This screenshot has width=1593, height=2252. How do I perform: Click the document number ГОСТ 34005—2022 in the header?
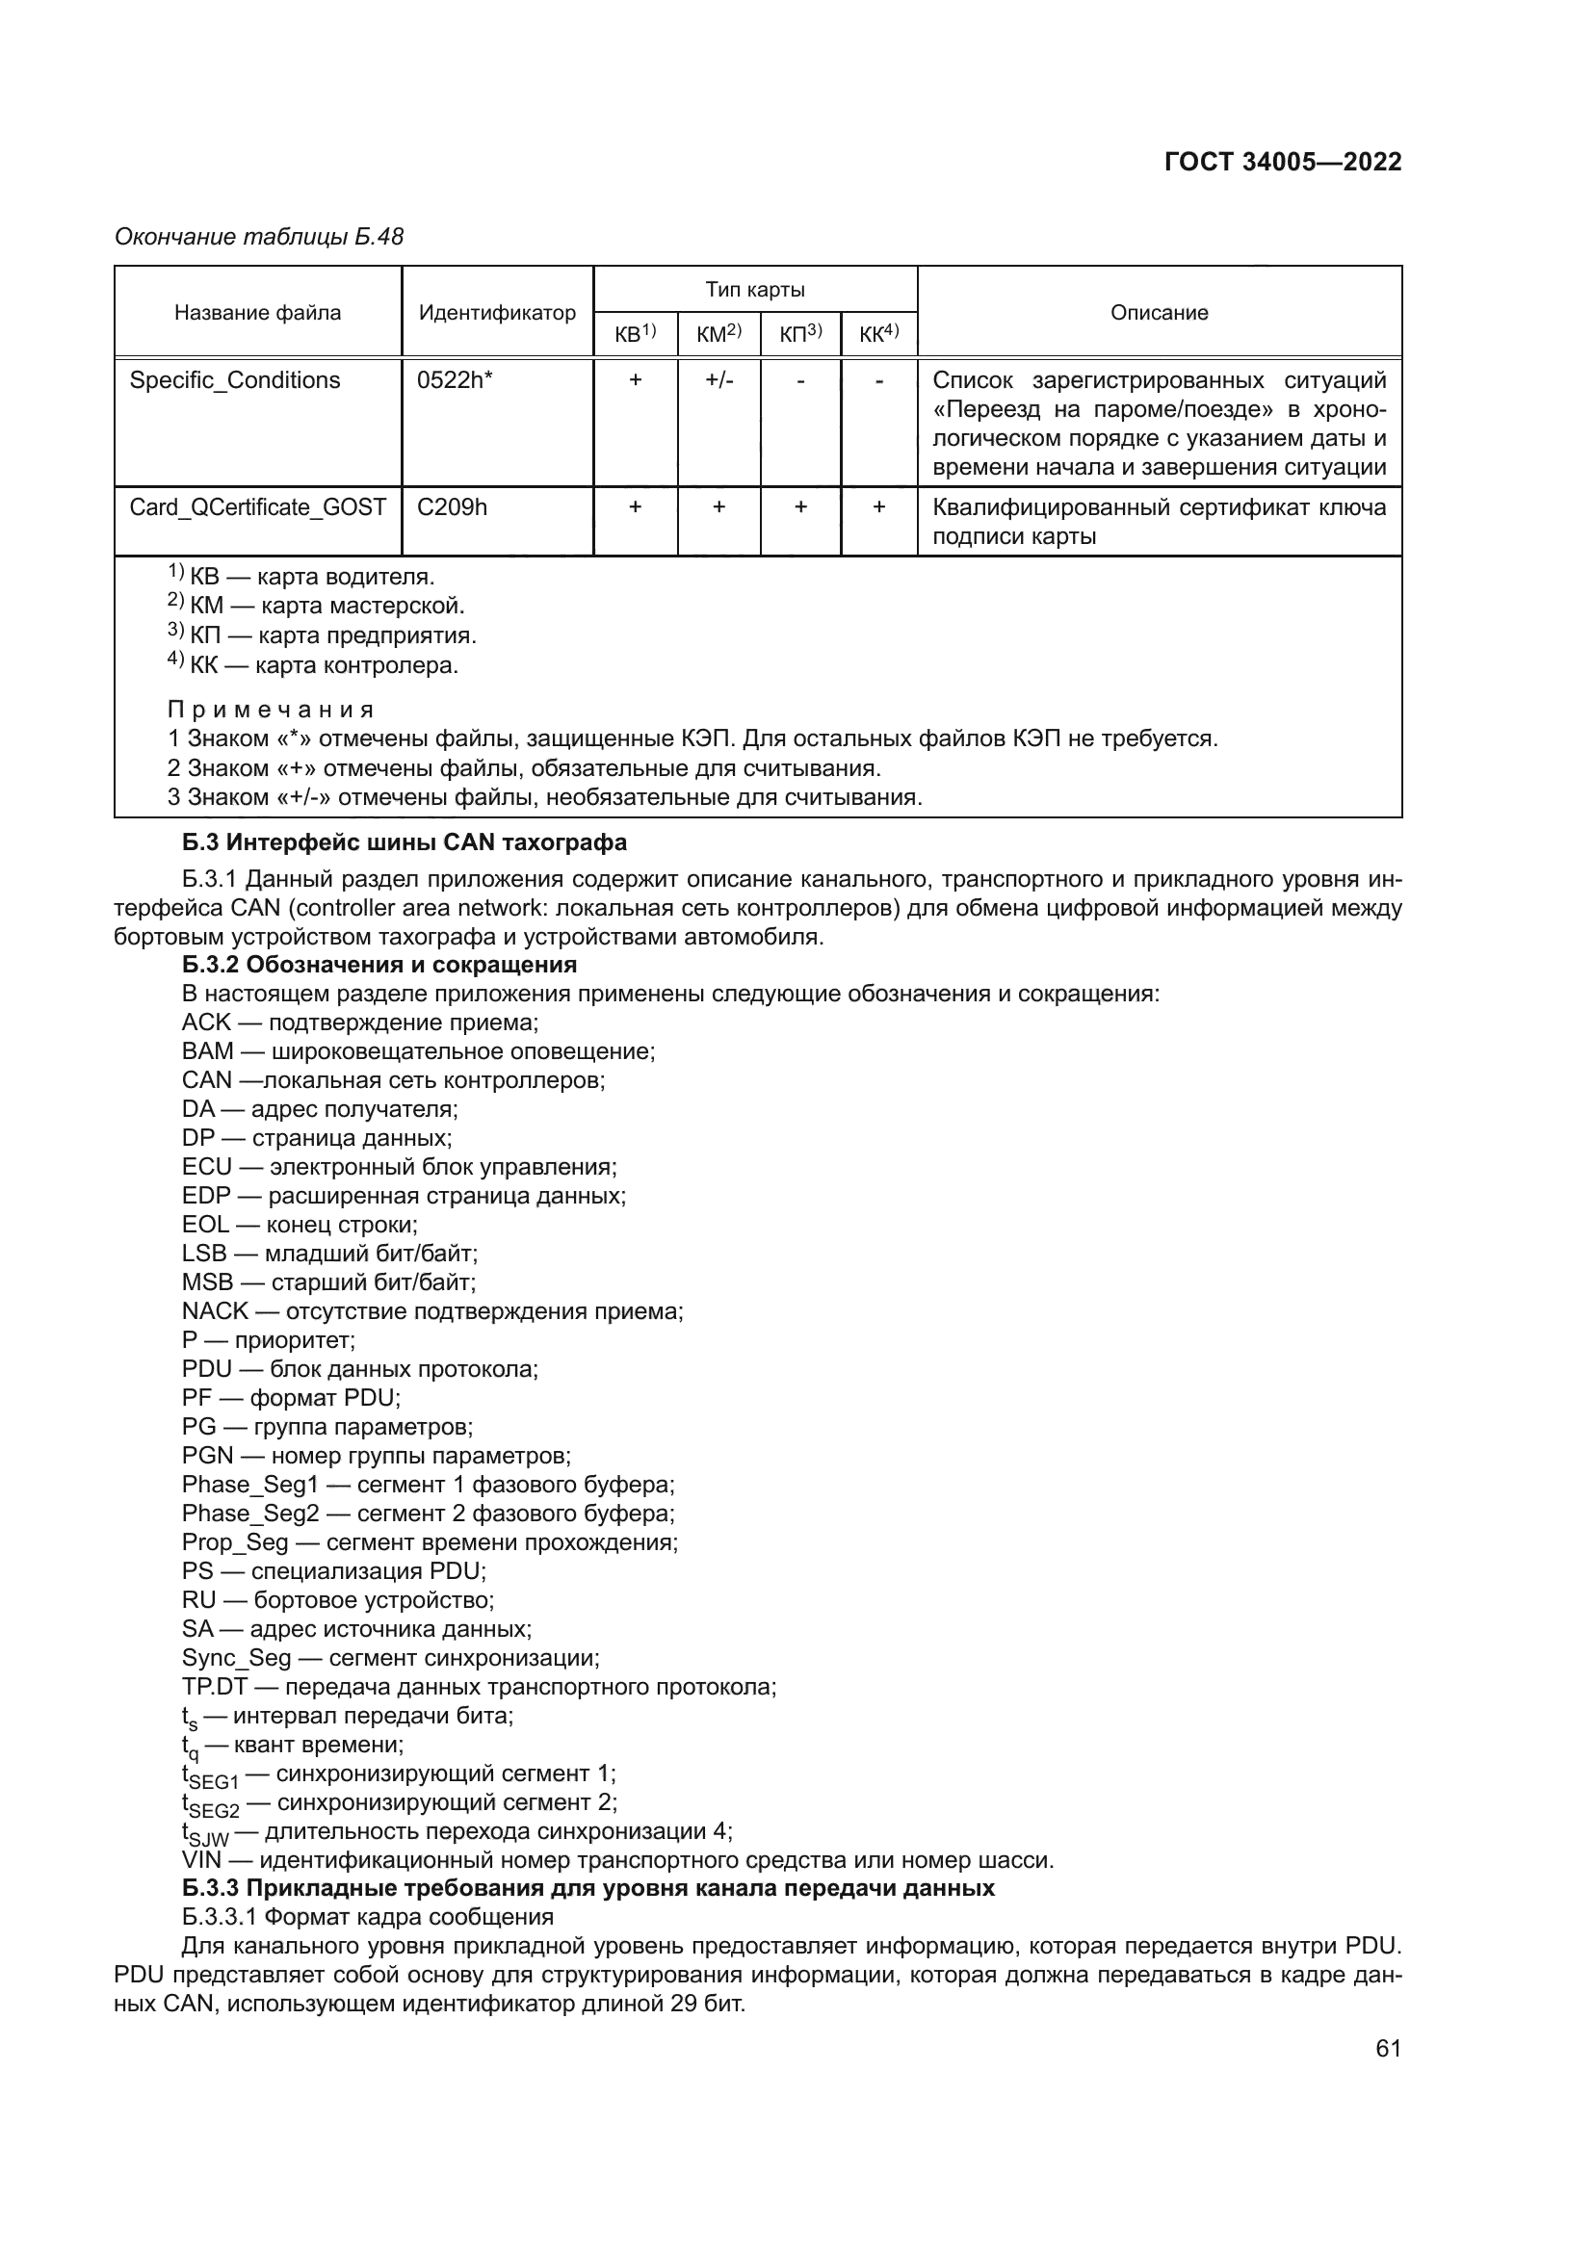pos(1282,162)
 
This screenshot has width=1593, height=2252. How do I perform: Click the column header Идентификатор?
pos(496,312)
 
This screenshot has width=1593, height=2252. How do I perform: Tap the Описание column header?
pos(1159,312)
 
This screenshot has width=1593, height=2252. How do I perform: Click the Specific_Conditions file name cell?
pos(234,380)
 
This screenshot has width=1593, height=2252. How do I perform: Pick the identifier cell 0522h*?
pos(455,380)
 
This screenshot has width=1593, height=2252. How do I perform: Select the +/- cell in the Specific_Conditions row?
pos(718,380)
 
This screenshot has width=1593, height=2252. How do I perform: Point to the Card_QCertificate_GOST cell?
pos(257,507)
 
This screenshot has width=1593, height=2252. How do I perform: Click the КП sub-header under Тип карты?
pos(799,334)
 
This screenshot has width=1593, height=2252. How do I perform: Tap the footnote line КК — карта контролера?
pos(314,666)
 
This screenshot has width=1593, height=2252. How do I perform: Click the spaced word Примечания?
pos(271,710)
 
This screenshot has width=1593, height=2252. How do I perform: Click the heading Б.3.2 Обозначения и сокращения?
pos(379,964)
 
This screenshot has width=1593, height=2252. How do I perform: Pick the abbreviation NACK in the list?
pos(214,1311)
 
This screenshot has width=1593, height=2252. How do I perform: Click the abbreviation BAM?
pos(207,1051)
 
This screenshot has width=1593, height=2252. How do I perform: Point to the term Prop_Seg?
pos(234,1542)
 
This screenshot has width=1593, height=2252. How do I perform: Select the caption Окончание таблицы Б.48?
pos(259,237)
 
